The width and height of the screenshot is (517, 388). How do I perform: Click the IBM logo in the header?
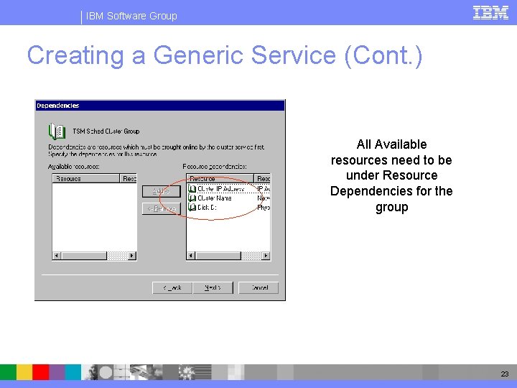[490, 12]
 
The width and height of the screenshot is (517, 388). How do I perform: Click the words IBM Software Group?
[131, 16]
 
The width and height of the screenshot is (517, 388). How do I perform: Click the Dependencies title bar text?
[58, 106]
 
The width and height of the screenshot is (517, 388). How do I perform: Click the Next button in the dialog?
[213, 287]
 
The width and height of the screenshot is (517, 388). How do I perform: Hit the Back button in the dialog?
[172, 287]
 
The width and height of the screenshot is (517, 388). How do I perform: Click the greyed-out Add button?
[160, 191]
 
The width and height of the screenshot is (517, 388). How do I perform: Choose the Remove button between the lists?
[160, 208]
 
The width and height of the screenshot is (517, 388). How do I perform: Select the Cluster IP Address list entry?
[220, 189]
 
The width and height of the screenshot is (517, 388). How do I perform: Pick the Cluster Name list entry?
[215, 198]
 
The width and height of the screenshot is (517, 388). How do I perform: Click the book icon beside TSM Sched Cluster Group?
[56, 131]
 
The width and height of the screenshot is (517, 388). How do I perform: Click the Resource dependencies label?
[215, 167]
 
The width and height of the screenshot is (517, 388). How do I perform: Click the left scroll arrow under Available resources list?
[56, 255]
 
